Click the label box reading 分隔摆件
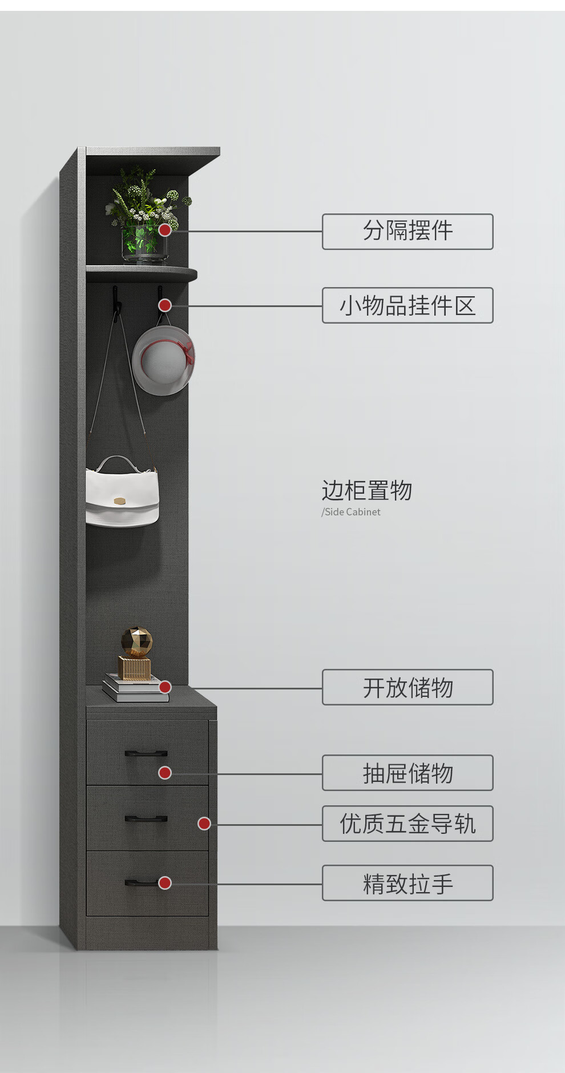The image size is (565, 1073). pos(407,231)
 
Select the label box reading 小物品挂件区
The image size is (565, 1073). pos(407,305)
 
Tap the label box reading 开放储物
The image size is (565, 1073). pos(407,687)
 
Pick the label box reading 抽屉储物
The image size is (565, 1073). pos(407,773)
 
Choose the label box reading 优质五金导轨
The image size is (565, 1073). pos(407,824)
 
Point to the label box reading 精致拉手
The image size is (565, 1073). pos(407,883)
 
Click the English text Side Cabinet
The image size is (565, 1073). pos(352,512)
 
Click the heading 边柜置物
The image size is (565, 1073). pos(367,490)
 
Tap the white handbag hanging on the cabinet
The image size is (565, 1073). pos(122,494)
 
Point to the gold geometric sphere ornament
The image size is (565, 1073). pos(137,642)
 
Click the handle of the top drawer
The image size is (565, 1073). pos(146,753)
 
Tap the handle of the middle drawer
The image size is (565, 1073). pos(146,819)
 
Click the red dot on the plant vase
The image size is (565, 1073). pos(165,230)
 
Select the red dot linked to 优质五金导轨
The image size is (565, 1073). pos(204,824)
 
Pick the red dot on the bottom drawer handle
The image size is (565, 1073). pos(165,883)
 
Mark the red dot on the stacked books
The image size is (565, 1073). pos(165,687)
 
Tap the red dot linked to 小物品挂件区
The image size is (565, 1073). pos(165,305)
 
